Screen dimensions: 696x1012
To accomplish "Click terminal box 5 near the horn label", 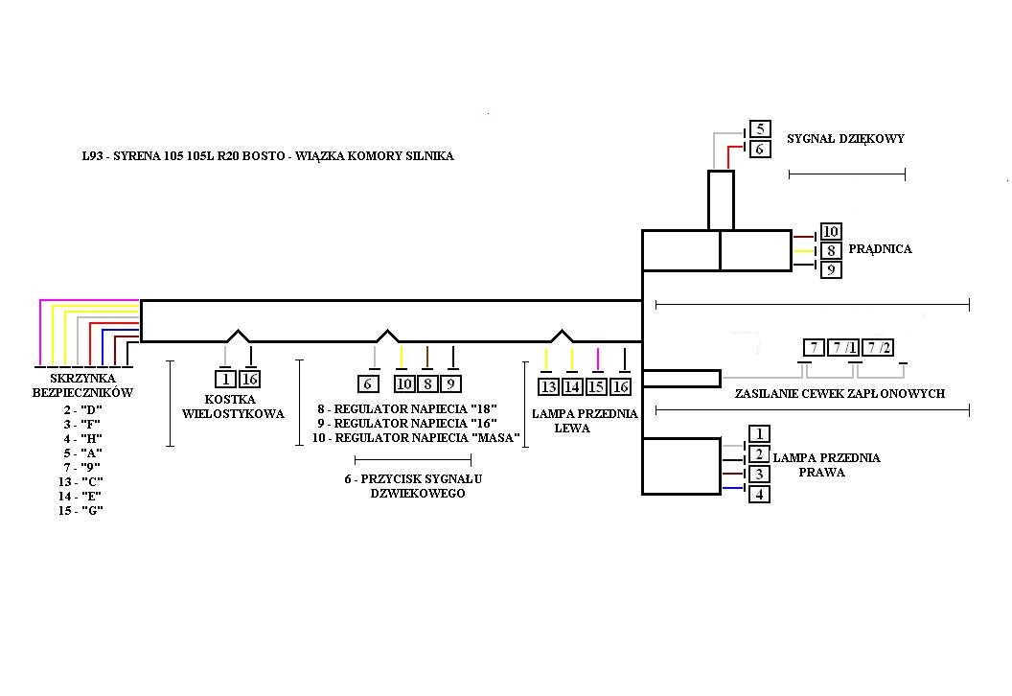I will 759,129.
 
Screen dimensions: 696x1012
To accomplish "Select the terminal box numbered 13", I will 548,386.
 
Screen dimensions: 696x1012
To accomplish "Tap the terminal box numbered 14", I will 572,386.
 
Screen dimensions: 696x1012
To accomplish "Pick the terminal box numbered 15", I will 596,386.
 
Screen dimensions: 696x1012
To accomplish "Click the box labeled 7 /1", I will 846,348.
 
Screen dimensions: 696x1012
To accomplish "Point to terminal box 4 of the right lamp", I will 758,495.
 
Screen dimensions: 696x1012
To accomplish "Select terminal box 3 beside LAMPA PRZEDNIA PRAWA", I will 758,475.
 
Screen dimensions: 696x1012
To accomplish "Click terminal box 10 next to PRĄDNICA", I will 831,232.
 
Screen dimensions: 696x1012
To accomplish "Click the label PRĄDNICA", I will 880,249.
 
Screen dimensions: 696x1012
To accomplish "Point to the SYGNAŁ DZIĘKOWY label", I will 845,139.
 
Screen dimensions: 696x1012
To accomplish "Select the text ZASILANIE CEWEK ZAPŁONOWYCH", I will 839,394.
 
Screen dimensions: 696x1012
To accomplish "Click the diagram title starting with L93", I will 268,155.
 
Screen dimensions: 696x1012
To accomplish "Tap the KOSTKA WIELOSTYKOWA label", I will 233,406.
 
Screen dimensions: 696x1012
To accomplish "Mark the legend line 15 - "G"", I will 80,511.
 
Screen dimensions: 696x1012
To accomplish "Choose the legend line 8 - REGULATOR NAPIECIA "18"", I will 407,409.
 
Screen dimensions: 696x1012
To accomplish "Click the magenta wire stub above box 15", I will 597,360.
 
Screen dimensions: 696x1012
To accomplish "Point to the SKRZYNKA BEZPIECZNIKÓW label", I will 82,385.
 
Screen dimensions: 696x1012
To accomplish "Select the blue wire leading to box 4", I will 732,489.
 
